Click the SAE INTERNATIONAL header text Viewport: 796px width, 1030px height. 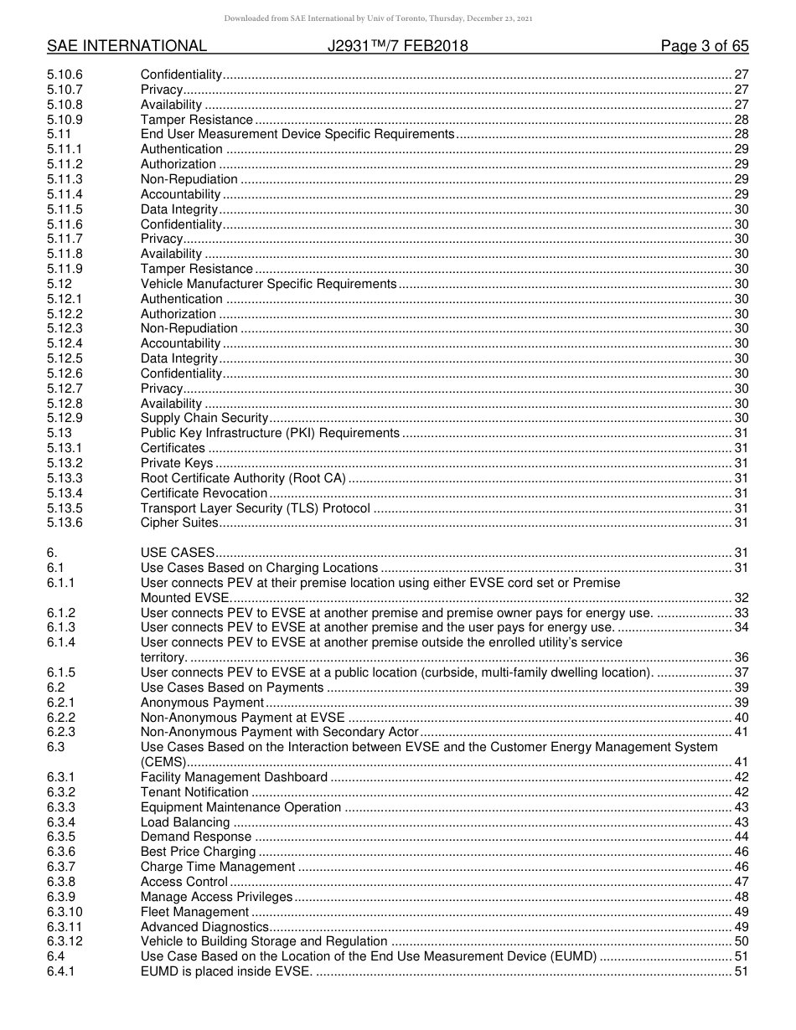click(127, 46)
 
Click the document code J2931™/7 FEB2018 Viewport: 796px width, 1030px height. click(398, 46)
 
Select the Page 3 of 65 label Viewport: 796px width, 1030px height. click(705, 46)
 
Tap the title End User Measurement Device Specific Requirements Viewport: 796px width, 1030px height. click(297, 134)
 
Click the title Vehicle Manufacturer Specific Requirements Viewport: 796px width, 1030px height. click(268, 284)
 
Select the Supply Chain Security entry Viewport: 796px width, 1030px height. click(204, 418)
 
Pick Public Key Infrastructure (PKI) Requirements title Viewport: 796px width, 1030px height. click(270, 433)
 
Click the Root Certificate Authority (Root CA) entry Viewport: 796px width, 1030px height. click(243, 478)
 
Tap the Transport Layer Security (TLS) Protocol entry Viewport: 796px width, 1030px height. click(255, 508)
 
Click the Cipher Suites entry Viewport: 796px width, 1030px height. click(179, 523)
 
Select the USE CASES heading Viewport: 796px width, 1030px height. click(178, 553)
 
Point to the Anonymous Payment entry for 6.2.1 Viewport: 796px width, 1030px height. click(202, 703)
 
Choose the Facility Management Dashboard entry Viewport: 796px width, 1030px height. click(234, 777)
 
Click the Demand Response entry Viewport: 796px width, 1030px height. click(196, 837)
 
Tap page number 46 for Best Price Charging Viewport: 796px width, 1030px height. click(741, 852)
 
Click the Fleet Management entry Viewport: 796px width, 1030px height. click(194, 911)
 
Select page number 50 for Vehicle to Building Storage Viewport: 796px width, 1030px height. click(741, 941)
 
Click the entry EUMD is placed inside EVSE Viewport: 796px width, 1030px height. click(226, 971)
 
